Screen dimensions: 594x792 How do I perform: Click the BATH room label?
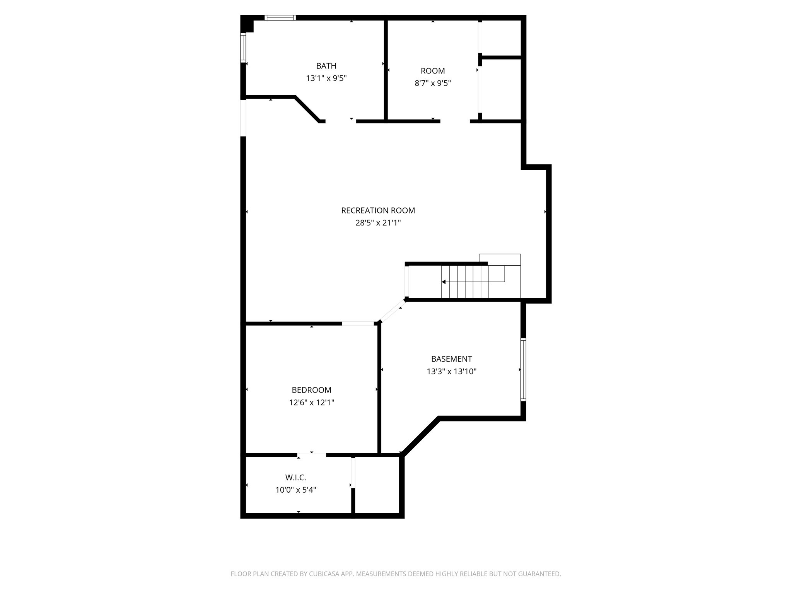pos(326,66)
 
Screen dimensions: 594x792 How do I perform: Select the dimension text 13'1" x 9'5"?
pos(326,79)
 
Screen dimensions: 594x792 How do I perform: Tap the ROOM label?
pos(433,71)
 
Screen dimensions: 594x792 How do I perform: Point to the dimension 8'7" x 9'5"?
pos(433,83)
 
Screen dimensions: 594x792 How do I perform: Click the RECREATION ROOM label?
pos(378,210)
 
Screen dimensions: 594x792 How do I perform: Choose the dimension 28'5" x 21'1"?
pos(378,223)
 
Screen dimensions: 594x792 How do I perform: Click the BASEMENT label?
pos(451,359)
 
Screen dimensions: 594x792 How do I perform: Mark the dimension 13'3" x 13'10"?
pos(451,372)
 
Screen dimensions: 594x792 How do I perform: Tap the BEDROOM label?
pos(311,390)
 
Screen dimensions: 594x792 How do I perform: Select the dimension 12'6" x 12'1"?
pos(311,403)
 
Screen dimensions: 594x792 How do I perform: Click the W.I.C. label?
pos(295,478)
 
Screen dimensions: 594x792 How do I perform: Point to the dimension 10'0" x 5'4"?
pos(295,490)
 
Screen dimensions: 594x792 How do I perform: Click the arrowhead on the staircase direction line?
pos(444,282)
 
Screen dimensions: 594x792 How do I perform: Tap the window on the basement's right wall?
pos(523,369)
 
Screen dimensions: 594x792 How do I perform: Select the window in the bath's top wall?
pos(280,17)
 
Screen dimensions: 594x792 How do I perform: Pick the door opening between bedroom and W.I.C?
pos(312,455)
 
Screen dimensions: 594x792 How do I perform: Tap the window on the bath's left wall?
pos(243,48)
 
